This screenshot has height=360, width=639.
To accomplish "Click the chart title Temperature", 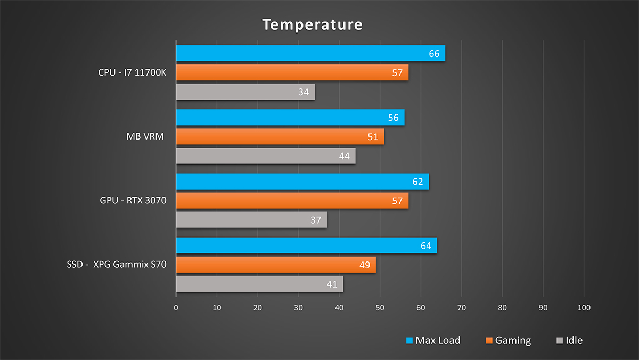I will [x=313, y=24].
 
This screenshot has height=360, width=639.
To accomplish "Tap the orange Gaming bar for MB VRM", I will [x=280, y=137].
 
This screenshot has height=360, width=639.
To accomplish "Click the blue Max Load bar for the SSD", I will [x=306, y=246].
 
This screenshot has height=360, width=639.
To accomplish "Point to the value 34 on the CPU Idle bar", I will [x=304, y=92].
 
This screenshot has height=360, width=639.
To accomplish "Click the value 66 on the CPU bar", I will [x=434, y=54].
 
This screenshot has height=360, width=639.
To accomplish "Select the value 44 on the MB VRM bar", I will [x=344, y=156].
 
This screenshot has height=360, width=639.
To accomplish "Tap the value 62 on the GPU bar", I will [x=417, y=182].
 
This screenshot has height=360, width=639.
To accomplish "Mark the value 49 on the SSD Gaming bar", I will [x=365, y=265].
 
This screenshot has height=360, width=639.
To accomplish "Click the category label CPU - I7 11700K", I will [x=133, y=72].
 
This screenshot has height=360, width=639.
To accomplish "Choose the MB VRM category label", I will [x=144, y=137].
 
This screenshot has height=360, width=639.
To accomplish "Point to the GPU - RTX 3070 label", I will [x=133, y=201].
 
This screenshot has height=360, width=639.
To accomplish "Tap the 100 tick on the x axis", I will [x=584, y=308].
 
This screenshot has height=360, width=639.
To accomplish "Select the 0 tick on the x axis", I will [x=176, y=308].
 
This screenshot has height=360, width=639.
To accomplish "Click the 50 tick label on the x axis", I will [x=380, y=308].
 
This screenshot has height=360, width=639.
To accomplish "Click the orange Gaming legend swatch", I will [x=489, y=341].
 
